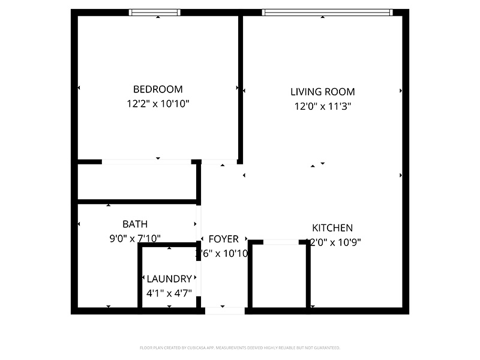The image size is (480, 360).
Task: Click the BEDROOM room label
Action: coord(158,89)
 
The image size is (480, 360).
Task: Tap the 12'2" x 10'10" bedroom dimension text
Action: coord(158,104)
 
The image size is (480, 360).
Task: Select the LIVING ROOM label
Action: coord(323,92)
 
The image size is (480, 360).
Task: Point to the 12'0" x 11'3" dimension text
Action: coord(323,107)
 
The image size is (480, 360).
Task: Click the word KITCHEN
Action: coord(332,228)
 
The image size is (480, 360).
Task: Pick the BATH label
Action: coord(135,224)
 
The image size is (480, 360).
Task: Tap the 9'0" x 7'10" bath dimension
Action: coord(135,239)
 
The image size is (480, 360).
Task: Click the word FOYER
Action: coord(224,239)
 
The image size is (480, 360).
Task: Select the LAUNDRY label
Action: coord(169,279)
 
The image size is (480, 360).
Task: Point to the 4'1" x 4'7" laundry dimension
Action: coord(169,293)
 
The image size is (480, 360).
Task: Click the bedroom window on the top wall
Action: coord(155,12)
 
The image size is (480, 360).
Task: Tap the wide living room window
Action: coord(327,12)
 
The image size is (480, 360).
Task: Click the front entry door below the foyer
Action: coord(226,311)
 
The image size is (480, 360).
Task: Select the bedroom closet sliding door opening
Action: coord(146,161)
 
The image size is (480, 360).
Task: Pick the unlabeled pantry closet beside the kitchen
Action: coord(280,276)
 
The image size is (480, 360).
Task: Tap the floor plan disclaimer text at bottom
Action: coord(240,348)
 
